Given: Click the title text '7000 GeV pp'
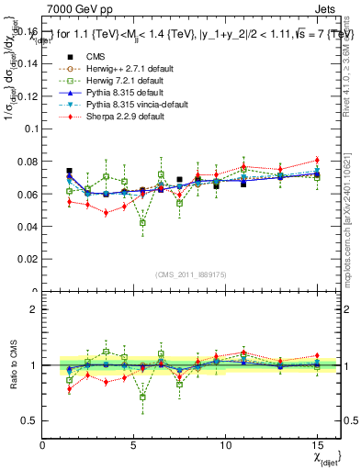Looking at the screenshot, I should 74,9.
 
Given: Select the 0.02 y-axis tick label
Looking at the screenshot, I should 27,259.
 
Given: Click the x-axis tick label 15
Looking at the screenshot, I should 316,443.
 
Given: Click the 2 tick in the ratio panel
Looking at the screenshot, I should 33,309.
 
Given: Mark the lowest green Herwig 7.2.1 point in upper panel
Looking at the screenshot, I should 142,222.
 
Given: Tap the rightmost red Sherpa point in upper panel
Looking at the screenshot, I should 317,160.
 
